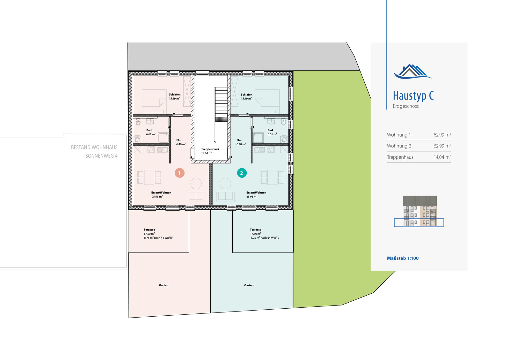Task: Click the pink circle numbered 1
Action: point(180,173)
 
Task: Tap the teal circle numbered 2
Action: point(242,173)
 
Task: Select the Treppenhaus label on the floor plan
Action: point(210,149)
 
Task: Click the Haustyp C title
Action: point(413,96)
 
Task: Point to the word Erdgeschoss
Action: point(406,106)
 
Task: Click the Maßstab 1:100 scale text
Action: point(403,258)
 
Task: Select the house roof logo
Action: point(412,71)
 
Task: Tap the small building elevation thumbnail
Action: point(419,211)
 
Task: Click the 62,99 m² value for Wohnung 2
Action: point(442,146)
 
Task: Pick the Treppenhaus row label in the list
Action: point(400,157)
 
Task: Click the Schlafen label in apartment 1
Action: point(175,94)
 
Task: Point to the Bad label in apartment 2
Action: point(270,130)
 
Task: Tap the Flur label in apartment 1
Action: point(179,140)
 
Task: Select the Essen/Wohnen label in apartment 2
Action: point(256,192)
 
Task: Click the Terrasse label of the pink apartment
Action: point(149,229)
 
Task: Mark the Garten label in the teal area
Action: point(249,285)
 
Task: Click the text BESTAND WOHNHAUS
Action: point(94,147)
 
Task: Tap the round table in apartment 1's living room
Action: point(196,183)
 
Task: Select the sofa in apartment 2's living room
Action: point(225,197)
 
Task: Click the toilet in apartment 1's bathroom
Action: point(138,122)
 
